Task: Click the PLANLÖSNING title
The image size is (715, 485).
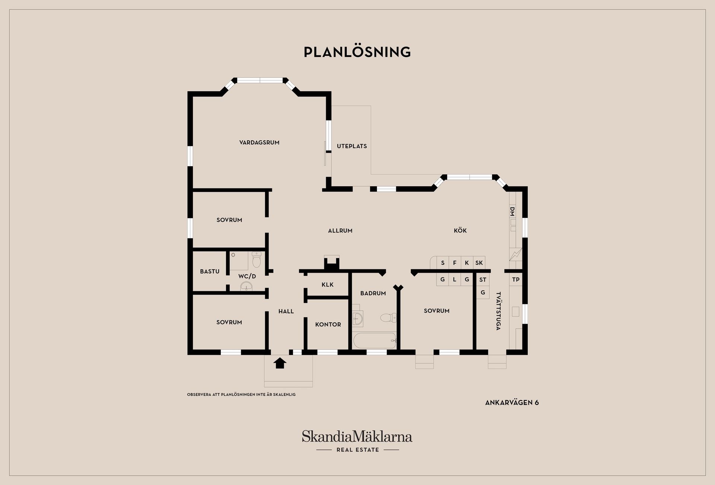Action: coord(357,52)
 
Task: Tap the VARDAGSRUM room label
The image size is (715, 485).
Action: coord(259,142)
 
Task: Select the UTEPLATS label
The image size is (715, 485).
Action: coord(352,146)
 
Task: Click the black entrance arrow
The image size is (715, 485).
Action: coord(280,363)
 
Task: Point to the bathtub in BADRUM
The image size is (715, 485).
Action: coord(374,340)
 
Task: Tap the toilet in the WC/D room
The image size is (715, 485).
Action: coord(257,260)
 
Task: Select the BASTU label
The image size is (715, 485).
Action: coord(210,271)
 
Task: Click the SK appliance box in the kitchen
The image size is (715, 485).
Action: coord(479,263)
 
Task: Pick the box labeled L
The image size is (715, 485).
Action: coord(455,279)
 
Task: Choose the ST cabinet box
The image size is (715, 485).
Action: coord(483,279)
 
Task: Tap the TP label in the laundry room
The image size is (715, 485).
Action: coord(516,279)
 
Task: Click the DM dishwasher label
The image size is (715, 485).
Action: coord(512,212)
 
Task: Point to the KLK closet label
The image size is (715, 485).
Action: coord(328,285)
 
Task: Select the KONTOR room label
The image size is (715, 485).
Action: coord(328,324)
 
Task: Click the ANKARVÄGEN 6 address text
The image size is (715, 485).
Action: coord(512,402)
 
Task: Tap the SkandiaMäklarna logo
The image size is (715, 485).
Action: coord(357,441)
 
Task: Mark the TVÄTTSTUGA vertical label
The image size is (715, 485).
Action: coord(498,311)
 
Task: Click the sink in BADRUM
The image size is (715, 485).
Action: coord(357,318)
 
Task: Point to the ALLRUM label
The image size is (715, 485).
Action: coord(340,231)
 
